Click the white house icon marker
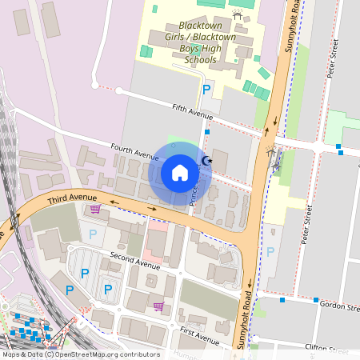tap(180, 173)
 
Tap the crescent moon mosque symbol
tap(206, 162)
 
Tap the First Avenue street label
tap(199, 336)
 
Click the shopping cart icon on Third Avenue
tap(95, 210)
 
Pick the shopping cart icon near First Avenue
tap(158, 306)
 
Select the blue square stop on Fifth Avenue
tap(206, 131)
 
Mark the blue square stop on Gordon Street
tap(282, 301)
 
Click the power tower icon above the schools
tap(236, 15)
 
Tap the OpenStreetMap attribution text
tap(80, 354)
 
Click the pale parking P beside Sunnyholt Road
tap(270, 251)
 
